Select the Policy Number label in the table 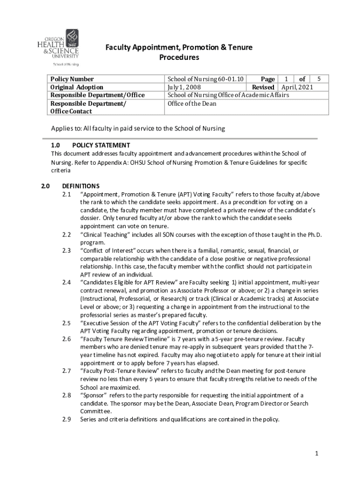point(72,79)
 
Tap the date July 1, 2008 point(186,87)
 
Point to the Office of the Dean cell point(192,103)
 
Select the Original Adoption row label point(77,87)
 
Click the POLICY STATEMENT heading point(101,145)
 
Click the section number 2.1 point(66,194)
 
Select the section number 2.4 point(66,282)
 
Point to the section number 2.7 point(66,371)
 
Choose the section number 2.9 point(66,419)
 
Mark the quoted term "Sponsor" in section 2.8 point(95,395)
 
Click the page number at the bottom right point(317,453)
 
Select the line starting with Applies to point(138,129)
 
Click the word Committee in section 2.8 point(96,411)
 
